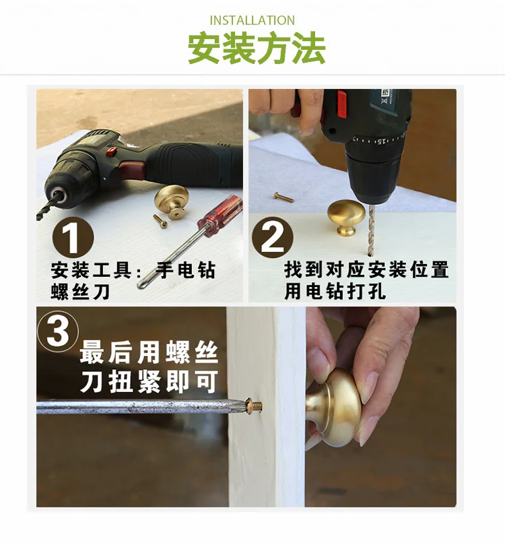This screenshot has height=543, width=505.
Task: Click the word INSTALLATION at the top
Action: click(252, 20)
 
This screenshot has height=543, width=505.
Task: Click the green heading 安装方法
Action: click(257, 48)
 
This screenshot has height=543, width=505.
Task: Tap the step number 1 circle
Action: click(73, 238)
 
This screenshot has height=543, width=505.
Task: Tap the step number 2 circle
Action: click(273, 237)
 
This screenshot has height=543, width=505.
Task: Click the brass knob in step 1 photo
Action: click(171, 201)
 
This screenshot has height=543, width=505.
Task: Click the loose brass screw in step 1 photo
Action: click(160, 221)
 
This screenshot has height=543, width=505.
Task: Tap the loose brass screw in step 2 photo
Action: click(283, 197)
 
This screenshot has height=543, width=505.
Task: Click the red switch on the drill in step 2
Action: click(341, 103)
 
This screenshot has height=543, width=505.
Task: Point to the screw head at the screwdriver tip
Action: click(255, 404)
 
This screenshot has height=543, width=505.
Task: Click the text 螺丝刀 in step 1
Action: click(80, 291)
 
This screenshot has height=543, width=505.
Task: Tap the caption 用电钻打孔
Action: click(335, 291)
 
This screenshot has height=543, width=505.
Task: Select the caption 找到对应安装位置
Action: click(366, 269)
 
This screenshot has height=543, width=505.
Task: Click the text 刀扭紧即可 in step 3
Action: click(149, 381)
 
